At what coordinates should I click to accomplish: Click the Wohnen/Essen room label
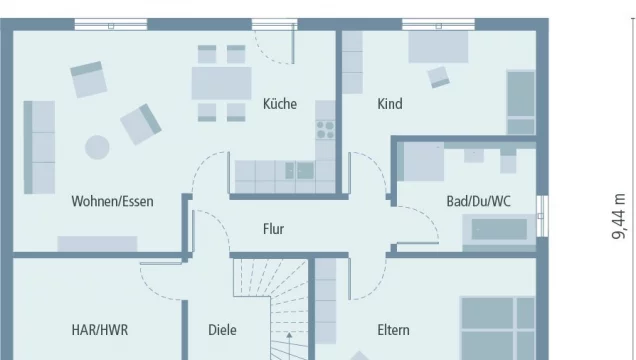click(x=112, y=201)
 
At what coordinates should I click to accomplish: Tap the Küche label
click(x=280, y=103)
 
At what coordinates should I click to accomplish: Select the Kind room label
click(x=390, y=103)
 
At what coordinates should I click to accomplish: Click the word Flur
click(x=273, y=229)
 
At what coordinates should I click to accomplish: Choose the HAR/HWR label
click(x=99, y=329)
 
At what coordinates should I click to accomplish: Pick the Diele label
click(x=223, y=329)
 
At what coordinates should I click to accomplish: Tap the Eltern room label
click(x=393, y=329)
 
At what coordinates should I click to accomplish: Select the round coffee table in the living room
click(x=97, y=147)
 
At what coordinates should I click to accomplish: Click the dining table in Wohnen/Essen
click(x=221, y=83)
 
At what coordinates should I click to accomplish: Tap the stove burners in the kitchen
click(x=326, y=128)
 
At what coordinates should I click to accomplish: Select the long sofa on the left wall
click(x=39, y=146)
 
